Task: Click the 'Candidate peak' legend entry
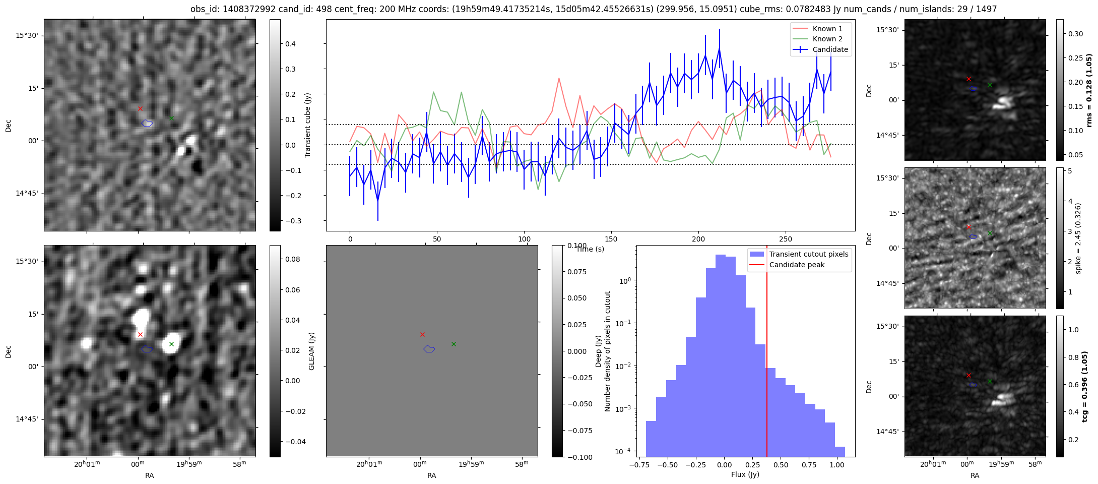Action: (x=797, y=265)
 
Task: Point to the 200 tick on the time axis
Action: (x=698, y=239)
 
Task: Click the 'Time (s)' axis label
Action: (x=590, y=249)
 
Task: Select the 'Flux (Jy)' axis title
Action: (x=745, y=474)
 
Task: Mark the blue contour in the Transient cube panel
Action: (x=147, y=123)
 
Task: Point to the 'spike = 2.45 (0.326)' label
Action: (x=1078, y=238)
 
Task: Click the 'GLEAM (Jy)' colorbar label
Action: (x=311, y=351)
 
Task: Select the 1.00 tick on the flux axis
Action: (x=836, y=465)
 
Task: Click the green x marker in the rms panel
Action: (x=990, y=85)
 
